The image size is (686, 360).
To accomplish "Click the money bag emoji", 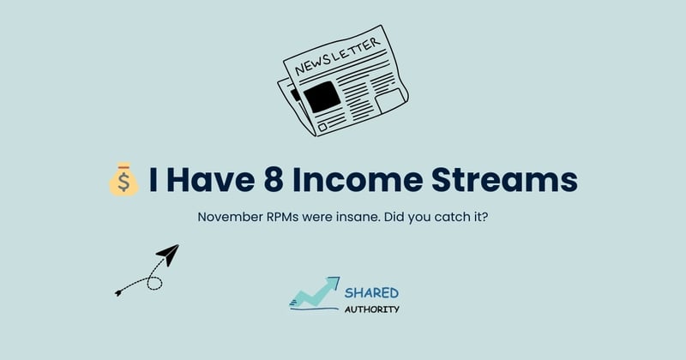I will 123,180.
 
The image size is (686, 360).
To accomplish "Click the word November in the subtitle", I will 230,218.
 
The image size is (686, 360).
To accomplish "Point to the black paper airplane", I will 167,255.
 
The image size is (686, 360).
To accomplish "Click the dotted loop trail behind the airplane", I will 141,281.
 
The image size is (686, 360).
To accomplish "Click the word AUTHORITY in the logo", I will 372,309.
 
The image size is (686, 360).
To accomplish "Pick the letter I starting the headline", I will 153,180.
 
